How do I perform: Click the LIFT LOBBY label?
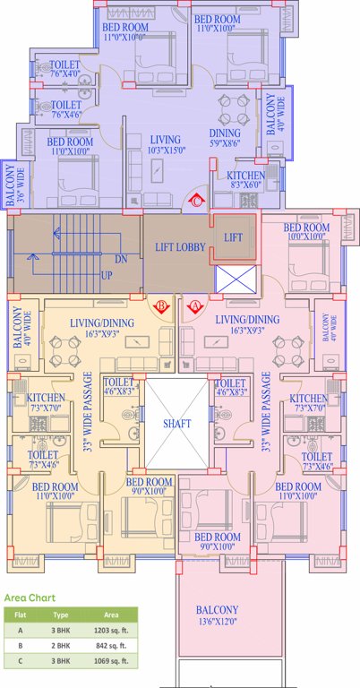tap(176, 247)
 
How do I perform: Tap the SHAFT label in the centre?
tap(176, 424)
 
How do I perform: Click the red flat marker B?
tap(162, 306)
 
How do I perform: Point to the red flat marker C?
tap(198, 202)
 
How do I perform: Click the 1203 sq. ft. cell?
tap(111, 632)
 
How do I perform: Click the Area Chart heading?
tap(30, 597)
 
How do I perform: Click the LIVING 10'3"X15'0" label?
tap(167, 145)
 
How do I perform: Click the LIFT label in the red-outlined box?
tap(232, 237)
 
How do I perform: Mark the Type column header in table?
tap(61, 616)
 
